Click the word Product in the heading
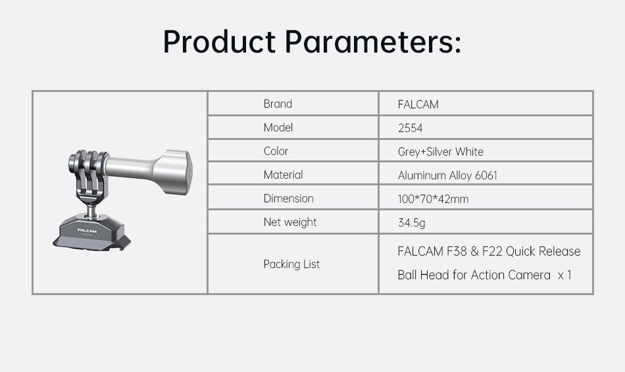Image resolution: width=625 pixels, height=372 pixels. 219,41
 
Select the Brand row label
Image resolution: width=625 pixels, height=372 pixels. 278,104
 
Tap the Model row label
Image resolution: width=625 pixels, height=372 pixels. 278,128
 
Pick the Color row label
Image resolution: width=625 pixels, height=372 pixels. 276,151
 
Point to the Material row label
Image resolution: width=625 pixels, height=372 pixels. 283,175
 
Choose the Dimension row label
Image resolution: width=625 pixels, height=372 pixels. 288,198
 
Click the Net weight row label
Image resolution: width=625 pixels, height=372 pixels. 290,222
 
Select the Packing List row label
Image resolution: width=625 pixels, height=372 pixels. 291,264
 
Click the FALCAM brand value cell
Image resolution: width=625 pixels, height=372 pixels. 418,105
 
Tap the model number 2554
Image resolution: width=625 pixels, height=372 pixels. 410,128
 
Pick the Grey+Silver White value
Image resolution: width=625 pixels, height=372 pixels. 440,152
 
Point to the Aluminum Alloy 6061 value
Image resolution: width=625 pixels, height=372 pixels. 447,175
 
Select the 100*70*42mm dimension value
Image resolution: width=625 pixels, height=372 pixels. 433,199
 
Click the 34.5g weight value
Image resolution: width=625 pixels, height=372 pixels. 411,223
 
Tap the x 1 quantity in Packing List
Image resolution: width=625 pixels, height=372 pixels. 564,275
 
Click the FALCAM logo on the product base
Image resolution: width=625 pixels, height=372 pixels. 87,231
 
